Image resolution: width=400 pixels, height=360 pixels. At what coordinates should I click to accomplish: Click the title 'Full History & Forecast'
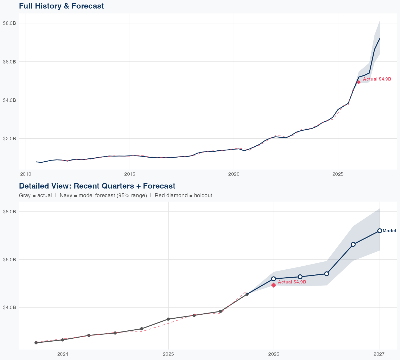[61, 6]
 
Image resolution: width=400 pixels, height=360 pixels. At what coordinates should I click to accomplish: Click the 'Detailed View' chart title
[97, 186]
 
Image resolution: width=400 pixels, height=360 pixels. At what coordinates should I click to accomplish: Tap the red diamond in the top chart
[359, 82]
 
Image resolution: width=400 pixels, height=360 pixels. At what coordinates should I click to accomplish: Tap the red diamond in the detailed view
[273, 285]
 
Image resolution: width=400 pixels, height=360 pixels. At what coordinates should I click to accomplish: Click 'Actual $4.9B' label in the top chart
[377, 79]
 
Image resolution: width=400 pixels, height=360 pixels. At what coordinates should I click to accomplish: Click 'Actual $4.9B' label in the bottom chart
[292, 282]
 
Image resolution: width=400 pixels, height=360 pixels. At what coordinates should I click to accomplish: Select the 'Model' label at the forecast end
[389, 231]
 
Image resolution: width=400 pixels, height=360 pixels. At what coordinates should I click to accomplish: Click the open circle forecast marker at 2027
[379, 231]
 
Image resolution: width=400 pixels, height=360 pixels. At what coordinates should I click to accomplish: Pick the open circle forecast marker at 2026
[273, 279]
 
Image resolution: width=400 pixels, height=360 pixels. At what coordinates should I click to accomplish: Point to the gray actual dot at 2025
[168, 319]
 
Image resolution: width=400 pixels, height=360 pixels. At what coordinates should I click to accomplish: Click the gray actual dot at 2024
[63, 340]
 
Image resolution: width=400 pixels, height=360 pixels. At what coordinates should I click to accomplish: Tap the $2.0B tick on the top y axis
[9, 139]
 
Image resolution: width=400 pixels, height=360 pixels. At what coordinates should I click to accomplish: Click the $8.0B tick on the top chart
[9, 23]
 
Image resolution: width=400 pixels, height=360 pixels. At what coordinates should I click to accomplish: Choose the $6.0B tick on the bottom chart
[9, 259]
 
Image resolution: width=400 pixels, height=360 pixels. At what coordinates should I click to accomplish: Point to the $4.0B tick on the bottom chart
[9, 307]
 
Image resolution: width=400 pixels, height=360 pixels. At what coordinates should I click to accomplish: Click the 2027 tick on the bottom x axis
[379, 354]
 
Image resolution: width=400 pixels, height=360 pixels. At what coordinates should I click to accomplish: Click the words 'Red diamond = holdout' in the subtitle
[183, 195]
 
